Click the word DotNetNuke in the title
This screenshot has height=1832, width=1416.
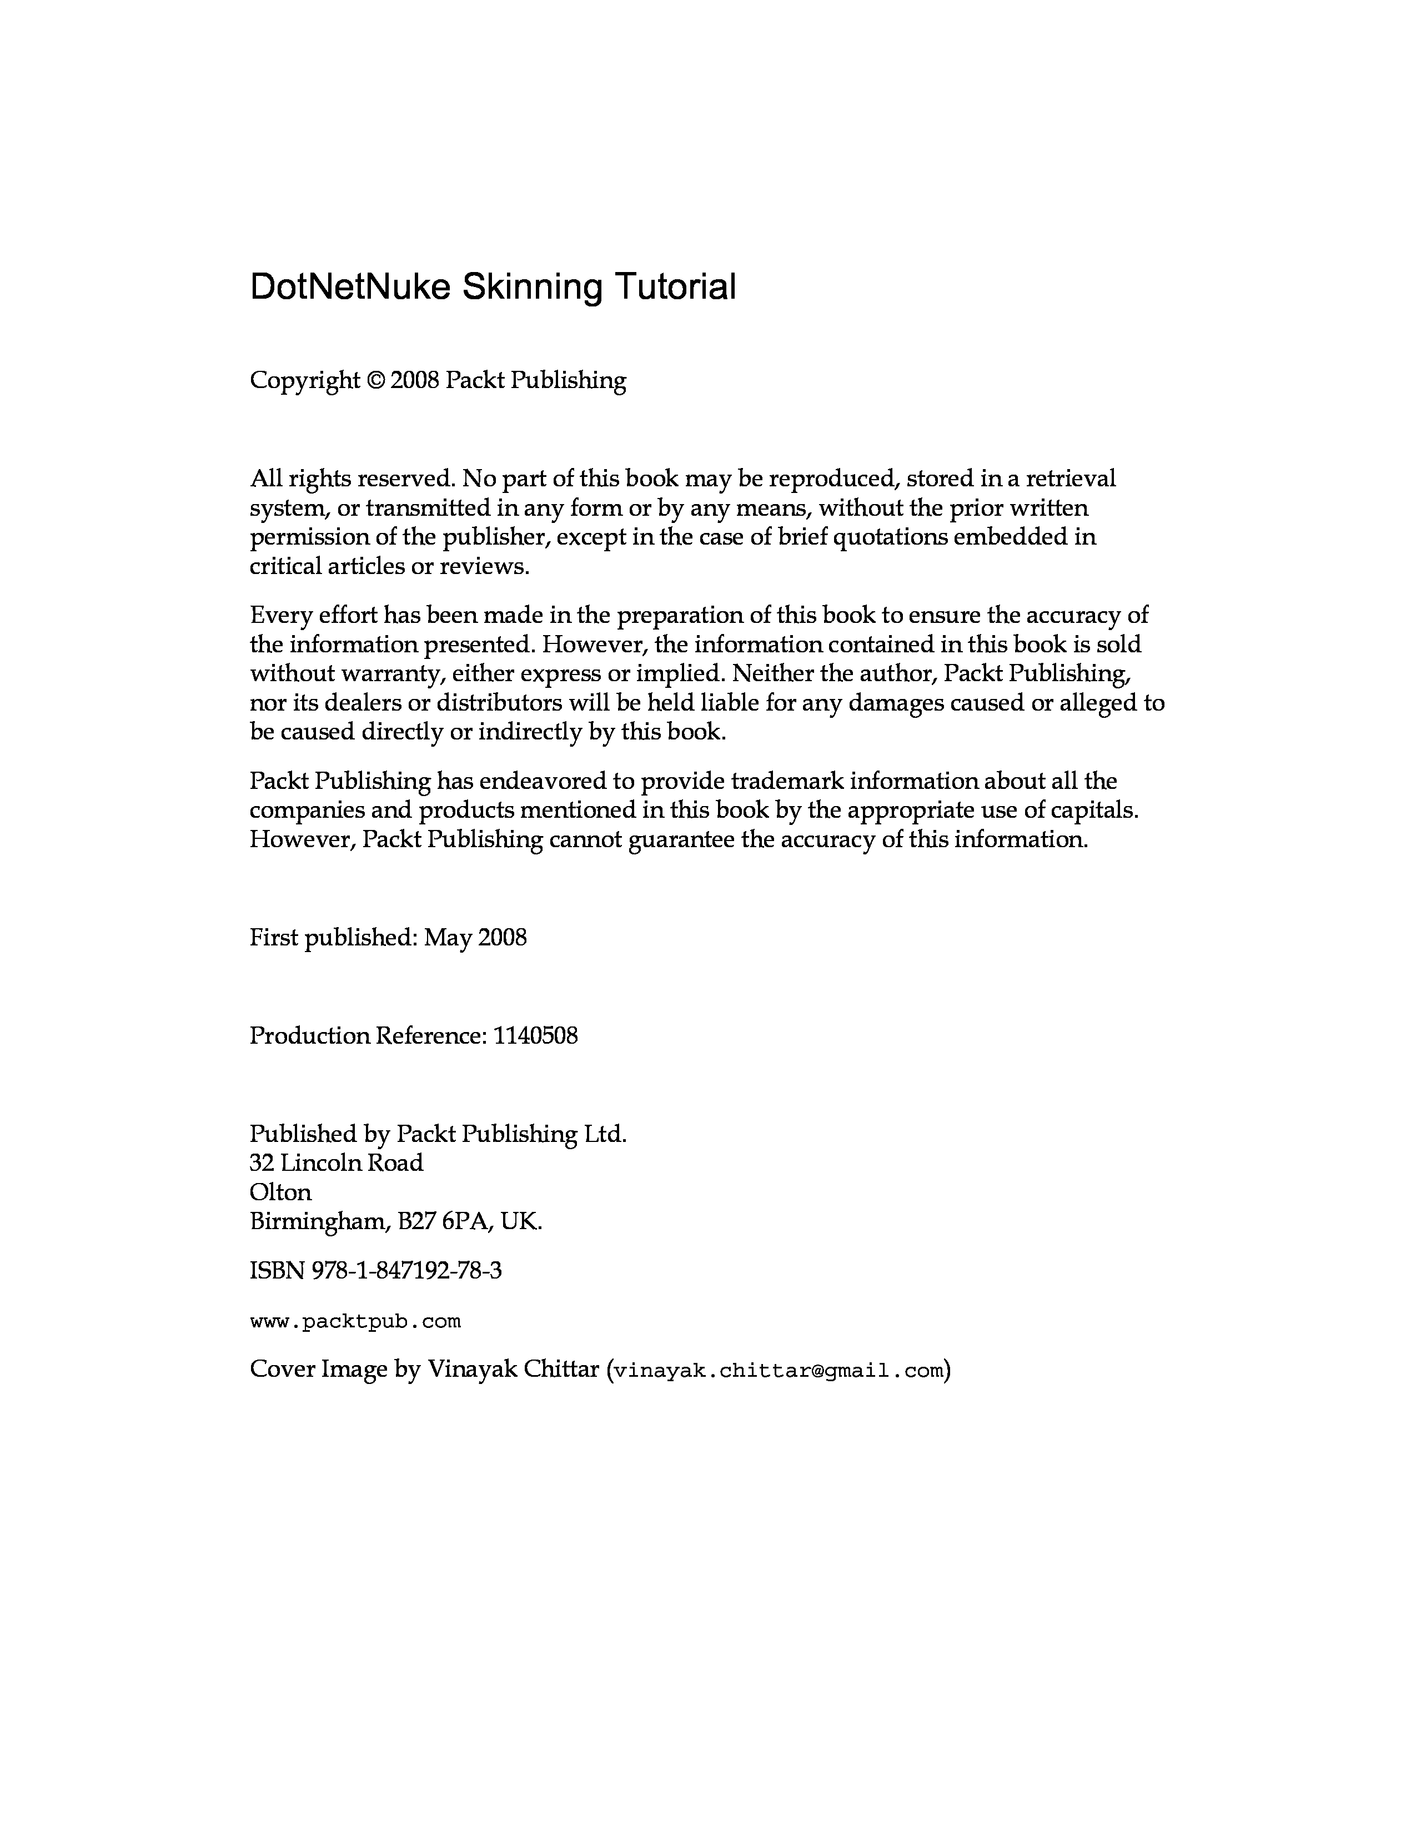click(352, 287)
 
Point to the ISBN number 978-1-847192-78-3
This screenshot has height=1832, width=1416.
click(407, 1271)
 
